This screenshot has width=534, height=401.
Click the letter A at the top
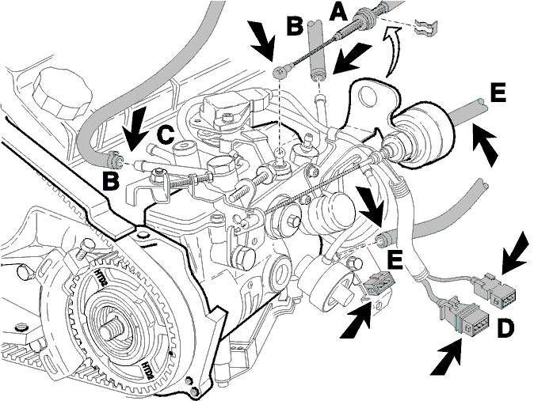click(x=338, y=14)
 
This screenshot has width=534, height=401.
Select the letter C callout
click(x=166, y=135)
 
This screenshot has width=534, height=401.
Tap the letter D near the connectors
click(x=505, y=329)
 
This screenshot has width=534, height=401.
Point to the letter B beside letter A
click(x=294, y=26)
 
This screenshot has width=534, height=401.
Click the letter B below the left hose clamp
click(x=112, y=182)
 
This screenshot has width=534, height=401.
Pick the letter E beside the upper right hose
click(x=498, y=93)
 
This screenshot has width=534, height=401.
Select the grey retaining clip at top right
click(x=425, y=28)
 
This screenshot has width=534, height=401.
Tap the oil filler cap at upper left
click(x=63, y=92)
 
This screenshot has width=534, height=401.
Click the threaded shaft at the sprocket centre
click(x=111, y=329)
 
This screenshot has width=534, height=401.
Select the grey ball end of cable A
click(x=279, y=72)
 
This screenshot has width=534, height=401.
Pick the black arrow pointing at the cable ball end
click(x=262, y=39)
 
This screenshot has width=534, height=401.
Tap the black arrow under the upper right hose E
click(x=485, y=144)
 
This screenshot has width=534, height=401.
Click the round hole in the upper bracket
click(x=368, y=96)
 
